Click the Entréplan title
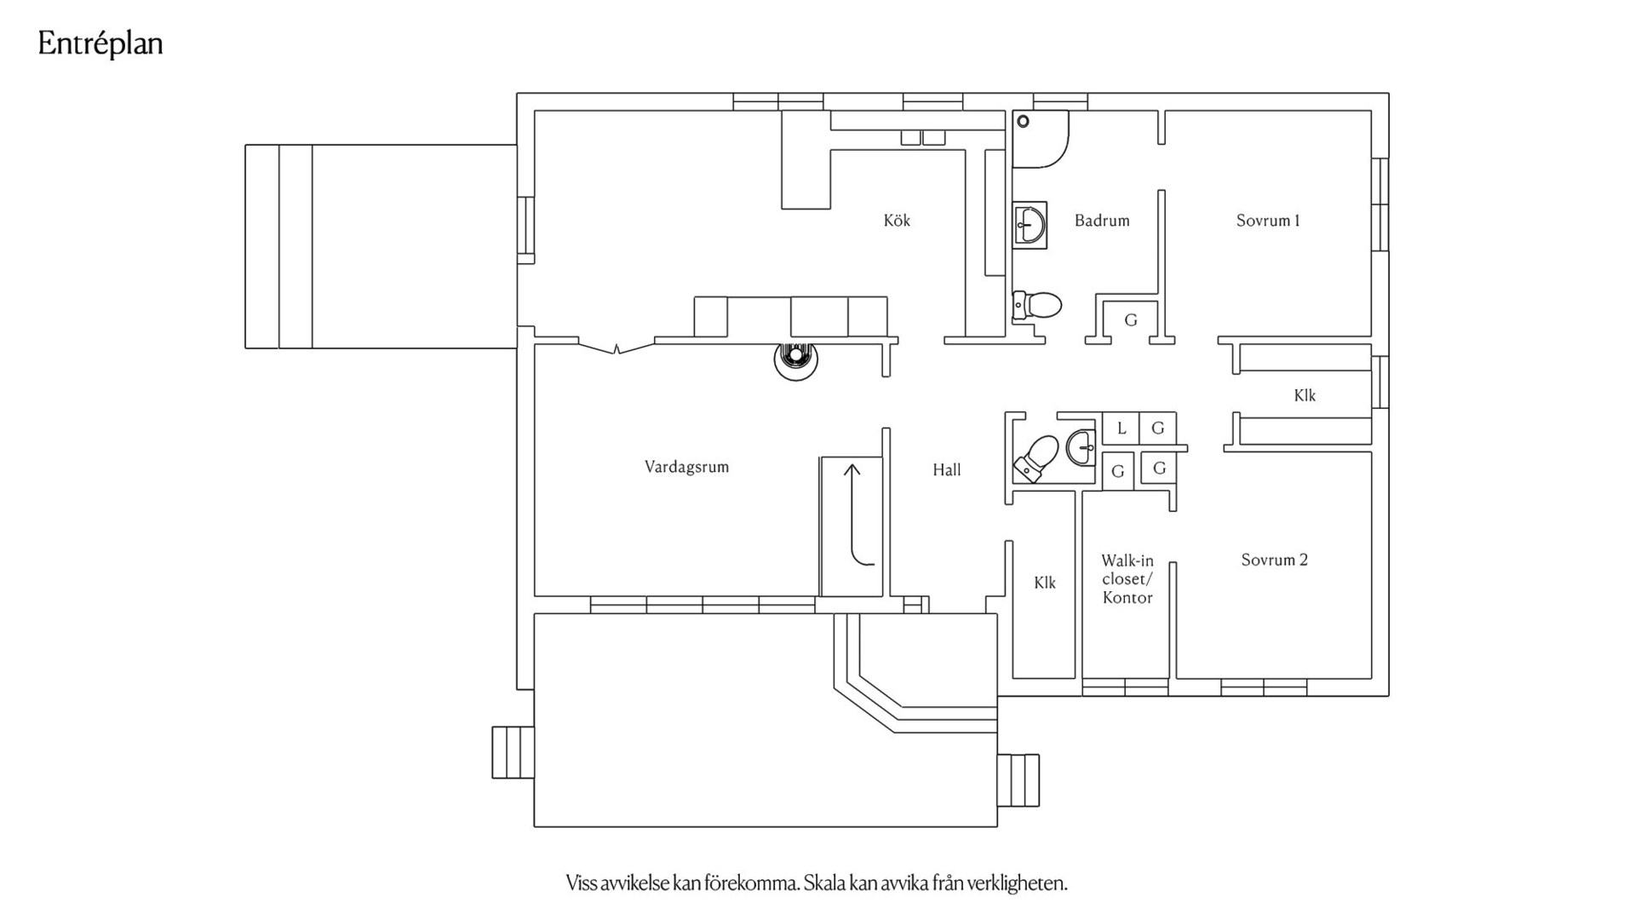point(100,44)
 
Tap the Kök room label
point(897,221)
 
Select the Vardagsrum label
point(686,467)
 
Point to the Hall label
point(946,469)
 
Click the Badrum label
point(1102,221)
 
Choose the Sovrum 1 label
point(1268,221)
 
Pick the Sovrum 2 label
point(1274,560)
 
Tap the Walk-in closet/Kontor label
point(1127,579)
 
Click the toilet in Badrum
point(1037,304)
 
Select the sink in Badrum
point(1030,225)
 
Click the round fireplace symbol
point(795,359)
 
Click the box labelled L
point(1121,428)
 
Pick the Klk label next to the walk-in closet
point(1045,583)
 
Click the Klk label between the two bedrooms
point(1305,395)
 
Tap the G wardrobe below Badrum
point(1131,320)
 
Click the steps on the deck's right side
point(1018,780)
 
